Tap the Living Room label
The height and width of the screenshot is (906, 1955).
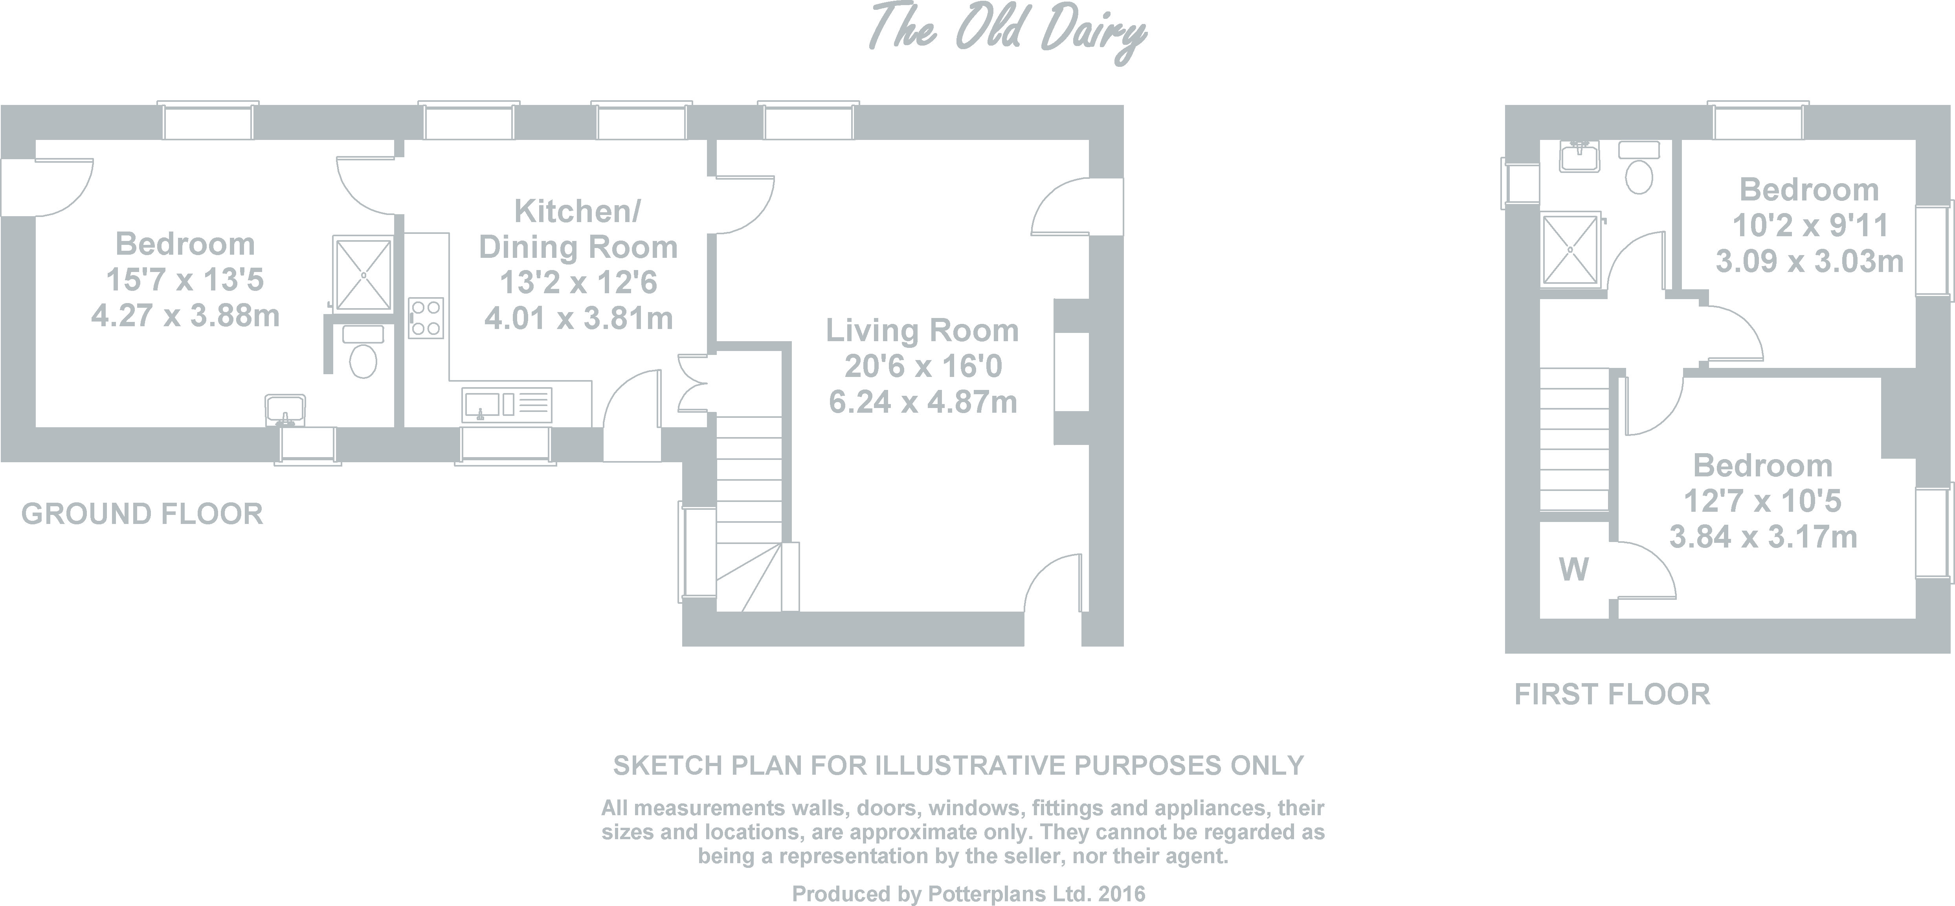pyautogui.click(x=922, y=331)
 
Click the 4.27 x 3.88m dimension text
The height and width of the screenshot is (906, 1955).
pyautogui.click(x=185, y=316)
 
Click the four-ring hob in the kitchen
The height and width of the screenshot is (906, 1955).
pyautogui.click(x=426, y=318)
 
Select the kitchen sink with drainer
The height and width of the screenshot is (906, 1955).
pyautogui.click(x=506, y=405)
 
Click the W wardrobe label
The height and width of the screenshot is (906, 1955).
pyautogui.click(x=1574, y=569)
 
